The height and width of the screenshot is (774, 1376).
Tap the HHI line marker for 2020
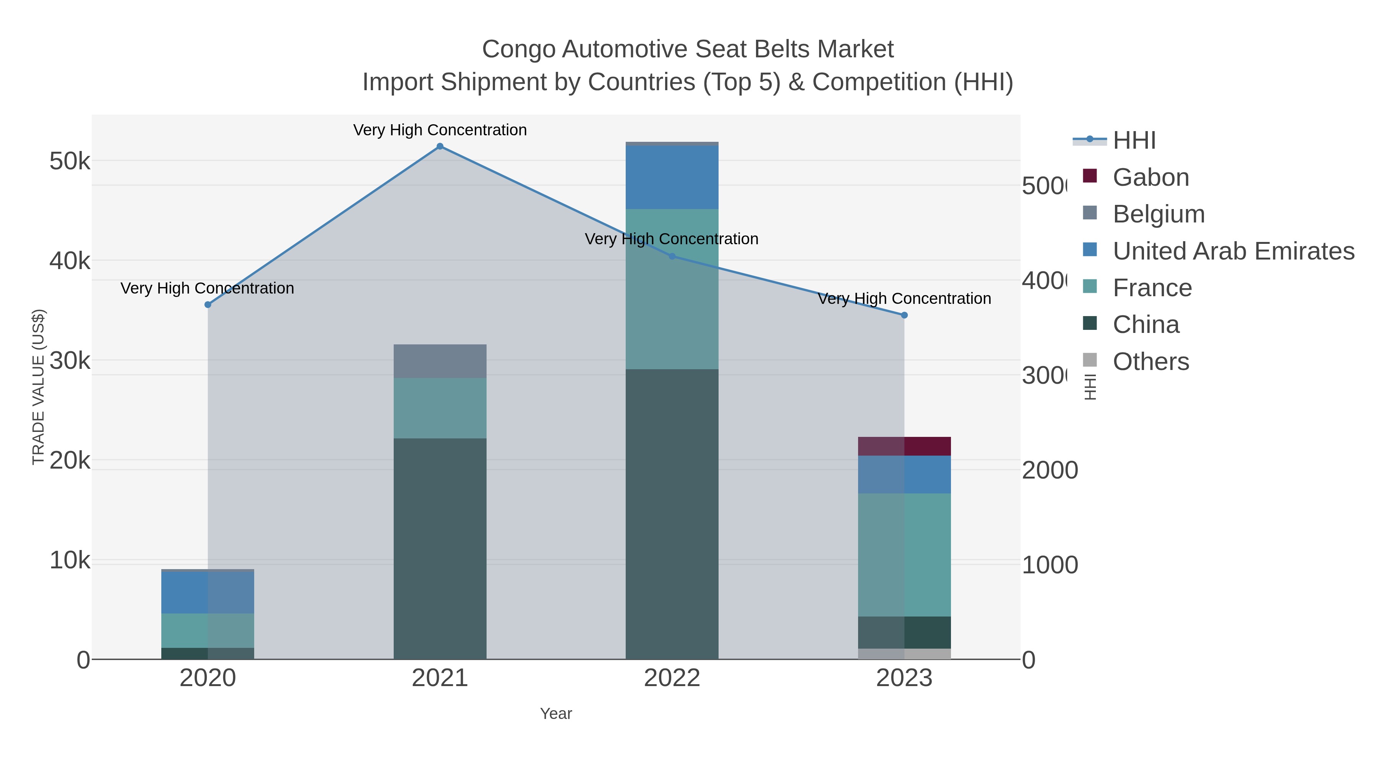click(208, 305)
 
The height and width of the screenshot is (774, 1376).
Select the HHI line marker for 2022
click(672, 256)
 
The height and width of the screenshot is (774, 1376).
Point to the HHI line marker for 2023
click(904, 315)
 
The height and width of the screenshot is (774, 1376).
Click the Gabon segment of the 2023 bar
click(904, 446)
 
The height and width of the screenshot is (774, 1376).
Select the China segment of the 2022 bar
click(672, 514)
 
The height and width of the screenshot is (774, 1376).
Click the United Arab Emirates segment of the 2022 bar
click(672, 177)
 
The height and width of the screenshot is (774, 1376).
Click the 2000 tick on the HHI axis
click(1050, 471)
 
